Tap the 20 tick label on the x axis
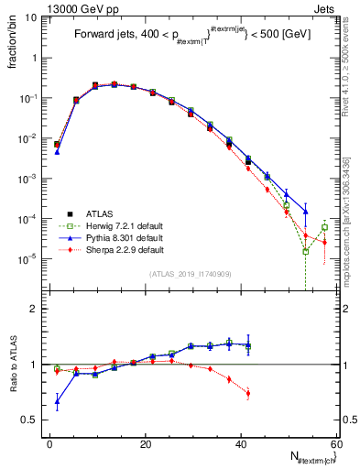point(146,444)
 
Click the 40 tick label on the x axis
point(241,444)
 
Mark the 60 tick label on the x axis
point(334,444)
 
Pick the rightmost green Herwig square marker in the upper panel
point(324,227)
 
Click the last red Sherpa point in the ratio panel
point(248,394)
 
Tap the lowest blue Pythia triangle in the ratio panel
point(57,401)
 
